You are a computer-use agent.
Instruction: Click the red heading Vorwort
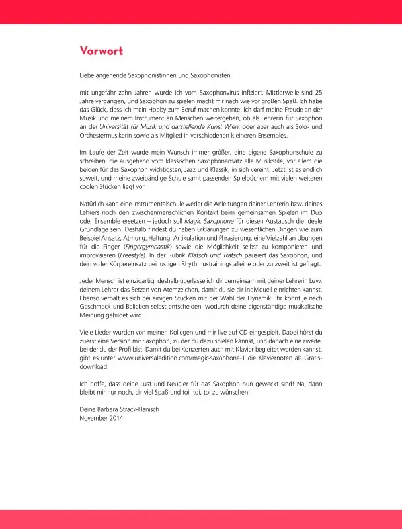point(101,51)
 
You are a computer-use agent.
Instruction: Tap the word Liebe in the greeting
point(87,76)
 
